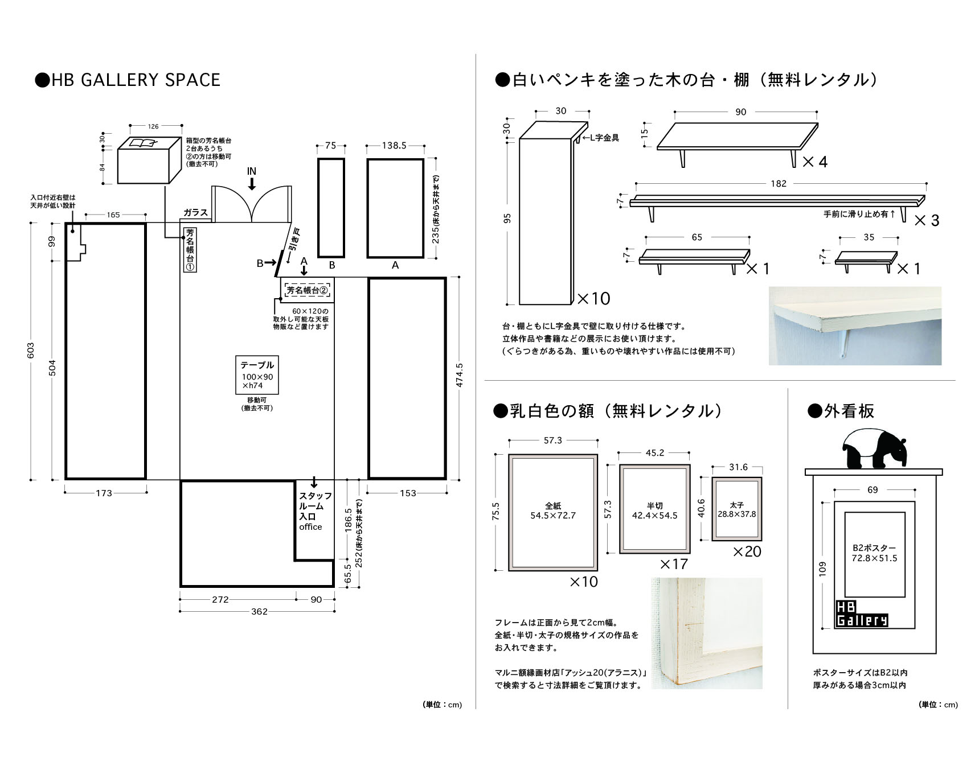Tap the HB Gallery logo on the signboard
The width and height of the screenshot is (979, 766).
pyautogui.click(x=861, y=614)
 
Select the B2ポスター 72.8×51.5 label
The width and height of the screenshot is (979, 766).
pyautogui.click(x=874, y=553)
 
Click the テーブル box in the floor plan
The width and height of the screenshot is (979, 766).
pyautogui.click(x=257, y=374)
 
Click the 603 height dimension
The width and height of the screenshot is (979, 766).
pyautogui.click(x=31, y=351)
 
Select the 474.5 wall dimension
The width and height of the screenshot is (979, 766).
pyautogui.click(x=459, y=376)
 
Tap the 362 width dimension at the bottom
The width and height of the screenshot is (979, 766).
pyautogui.click(x=259, y=612)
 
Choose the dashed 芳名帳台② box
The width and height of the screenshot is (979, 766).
pyautogui.click(x=308, y=290)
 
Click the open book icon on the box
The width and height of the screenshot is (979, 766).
pyautogui.click(x=142, y=143)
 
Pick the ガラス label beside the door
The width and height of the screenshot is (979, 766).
pyautogui.click(x=195, y=212)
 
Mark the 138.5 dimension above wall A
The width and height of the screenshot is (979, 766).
pyautogui.click(x=394, y=146)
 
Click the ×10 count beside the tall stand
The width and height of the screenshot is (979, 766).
pyautogui.click(x=593, y=298)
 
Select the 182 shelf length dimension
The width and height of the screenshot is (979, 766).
pyautogui.click(x=778, y=184)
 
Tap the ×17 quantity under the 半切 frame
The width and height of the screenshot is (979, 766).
pyautogui.click(x=674, y=564)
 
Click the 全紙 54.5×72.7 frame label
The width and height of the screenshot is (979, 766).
pyautogui.click(x=553, y=510)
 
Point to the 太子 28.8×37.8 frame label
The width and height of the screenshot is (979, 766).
pyautogui.click(x=736, y=509)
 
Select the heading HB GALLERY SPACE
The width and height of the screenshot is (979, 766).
pyautogui.click(x=128, y=80)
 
